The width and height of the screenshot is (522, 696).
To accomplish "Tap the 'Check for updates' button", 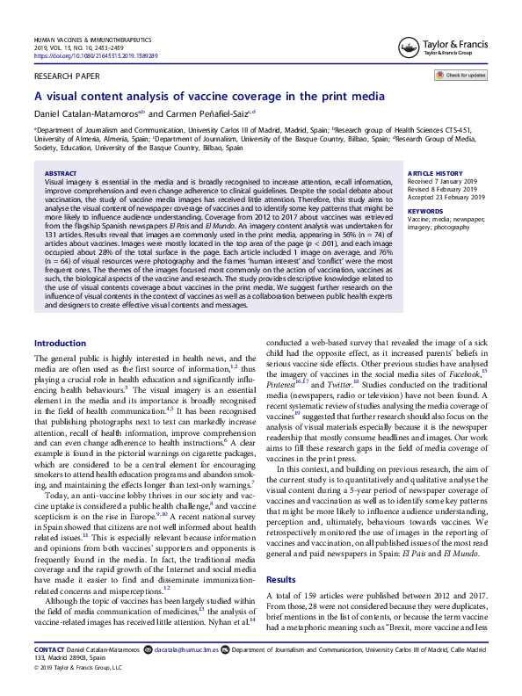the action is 461,76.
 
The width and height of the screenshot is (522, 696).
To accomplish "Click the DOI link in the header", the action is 96,55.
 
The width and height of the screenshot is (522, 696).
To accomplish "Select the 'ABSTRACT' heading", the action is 60,175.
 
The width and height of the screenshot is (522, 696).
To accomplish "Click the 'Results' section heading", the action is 282,556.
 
